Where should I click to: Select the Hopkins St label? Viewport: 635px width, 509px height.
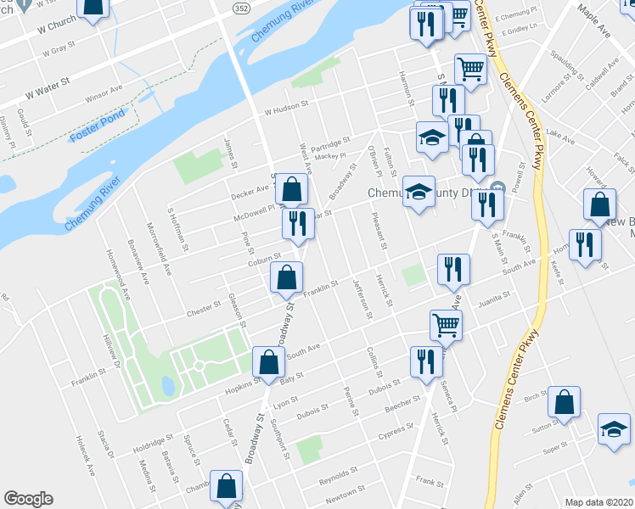pyautogui.click(x=244, y=384)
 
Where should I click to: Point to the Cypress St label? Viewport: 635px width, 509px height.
pyautogui.click(x=396, y=430)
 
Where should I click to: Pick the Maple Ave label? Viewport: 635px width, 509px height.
pyautogui.click(x=594, y=20)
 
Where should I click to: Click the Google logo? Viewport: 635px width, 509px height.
pyautogui.click(x=28, y=499)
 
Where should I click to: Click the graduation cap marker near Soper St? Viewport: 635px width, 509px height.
pyautogui.click(x=614, y=429)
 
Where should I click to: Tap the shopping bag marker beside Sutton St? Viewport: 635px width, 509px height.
pyautogui.click(x=565, y=404)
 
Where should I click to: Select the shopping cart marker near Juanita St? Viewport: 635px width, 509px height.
pyautogui.click(x=446, y=323)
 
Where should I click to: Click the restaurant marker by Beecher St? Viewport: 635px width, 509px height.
pyautogui.click(x=423, y=361)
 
